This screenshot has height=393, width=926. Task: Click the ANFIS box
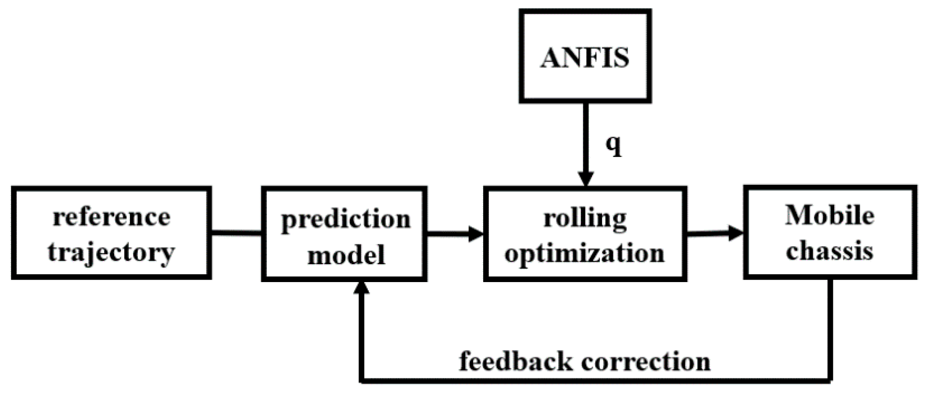click(x=585, y=56)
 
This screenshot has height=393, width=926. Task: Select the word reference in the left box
click(x=111, y=217)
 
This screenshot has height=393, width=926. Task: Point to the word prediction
click(x=346, y=219)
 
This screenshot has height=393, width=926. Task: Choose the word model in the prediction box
click(x=346, y=254)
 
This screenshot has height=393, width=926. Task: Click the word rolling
click(x=585, y=218)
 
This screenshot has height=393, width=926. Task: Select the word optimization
click(x=585, y=253)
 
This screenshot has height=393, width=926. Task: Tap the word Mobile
click(x=830, y=216)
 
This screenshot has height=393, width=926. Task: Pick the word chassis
click(x=830, y=251)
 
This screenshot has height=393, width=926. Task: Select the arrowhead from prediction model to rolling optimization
click(x=476, y=233)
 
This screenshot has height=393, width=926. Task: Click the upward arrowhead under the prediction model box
click(x=362, y=287)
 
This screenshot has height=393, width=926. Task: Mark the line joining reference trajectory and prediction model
click(x=236, y=233)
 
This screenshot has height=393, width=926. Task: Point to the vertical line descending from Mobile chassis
click(x=830, y=328)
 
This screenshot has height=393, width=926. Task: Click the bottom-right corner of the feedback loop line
click(x=830, y=379)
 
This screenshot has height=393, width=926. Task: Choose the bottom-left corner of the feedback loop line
click(x=362, y=379)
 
